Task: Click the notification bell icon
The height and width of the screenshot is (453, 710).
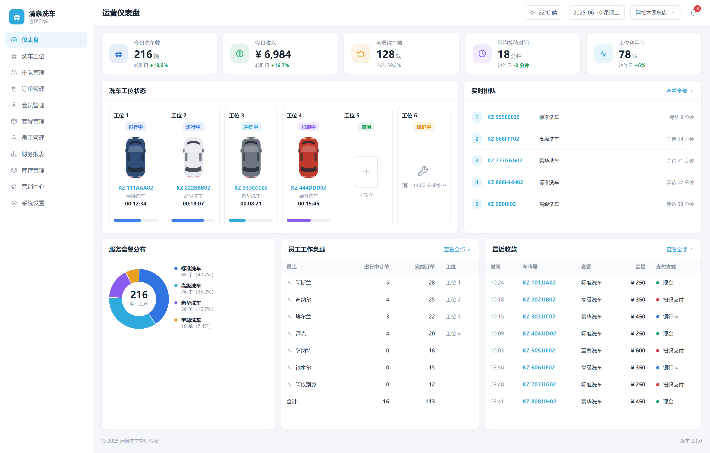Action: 693,12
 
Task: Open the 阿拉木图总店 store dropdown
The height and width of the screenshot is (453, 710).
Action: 655,12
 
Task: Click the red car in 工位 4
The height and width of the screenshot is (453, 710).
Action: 308,157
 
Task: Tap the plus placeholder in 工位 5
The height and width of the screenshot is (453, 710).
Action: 366,171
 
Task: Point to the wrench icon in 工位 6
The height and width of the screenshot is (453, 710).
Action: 423,171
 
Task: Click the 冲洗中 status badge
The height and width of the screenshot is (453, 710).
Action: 251,127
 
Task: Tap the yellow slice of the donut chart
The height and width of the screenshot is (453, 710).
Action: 133,275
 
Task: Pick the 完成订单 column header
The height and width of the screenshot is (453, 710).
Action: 425,267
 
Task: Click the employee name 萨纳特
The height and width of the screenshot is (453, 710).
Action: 303,350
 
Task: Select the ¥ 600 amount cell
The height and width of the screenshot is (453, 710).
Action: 638,350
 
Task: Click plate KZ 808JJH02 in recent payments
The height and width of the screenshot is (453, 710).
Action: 539,401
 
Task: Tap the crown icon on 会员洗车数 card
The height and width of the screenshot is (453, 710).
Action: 361,54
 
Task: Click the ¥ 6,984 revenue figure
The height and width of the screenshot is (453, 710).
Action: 273,54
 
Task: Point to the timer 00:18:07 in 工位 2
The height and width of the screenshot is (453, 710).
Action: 193,203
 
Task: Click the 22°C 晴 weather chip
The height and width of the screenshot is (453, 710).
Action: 543,12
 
